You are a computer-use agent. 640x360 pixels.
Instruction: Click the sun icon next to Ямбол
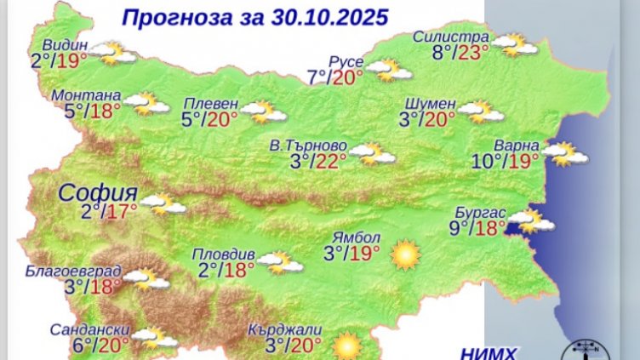(405, 254)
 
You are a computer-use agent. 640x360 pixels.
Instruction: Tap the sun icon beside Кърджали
(346, 346)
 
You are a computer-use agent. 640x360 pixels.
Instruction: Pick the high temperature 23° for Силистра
(473, 53)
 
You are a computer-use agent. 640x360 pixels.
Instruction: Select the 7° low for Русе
(317, 78)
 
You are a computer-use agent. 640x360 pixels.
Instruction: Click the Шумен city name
(431, 103)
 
